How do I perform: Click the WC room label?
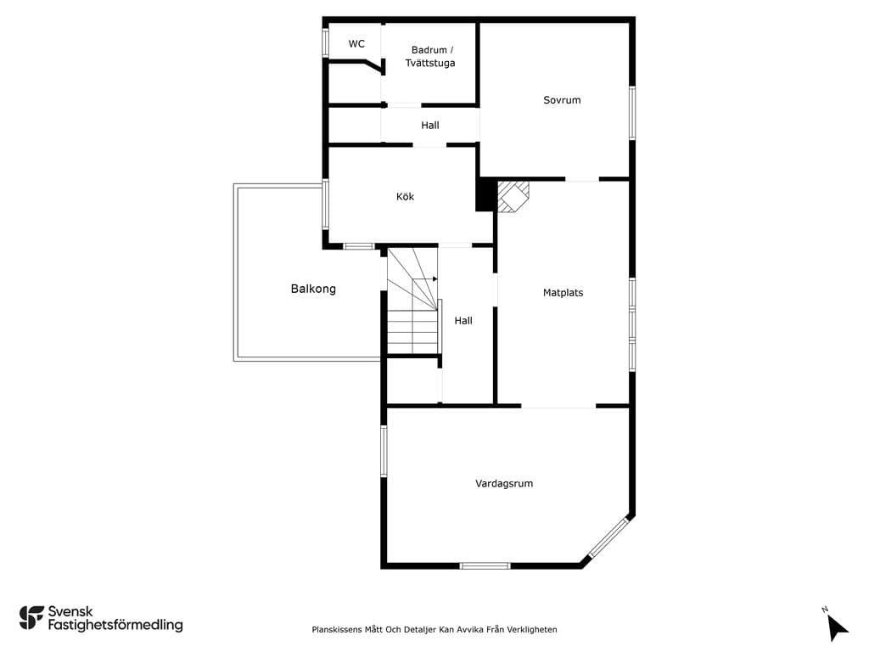[356, 44]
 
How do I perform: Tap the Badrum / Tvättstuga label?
[430, 57]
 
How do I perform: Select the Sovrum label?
[562, 100]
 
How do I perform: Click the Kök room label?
[405, 196]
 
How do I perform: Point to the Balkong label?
[313, 289]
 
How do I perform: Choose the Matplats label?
[563, 293]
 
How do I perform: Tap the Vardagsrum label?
[504, 483]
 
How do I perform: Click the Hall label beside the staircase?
[463, 320]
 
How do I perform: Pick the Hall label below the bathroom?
[430, 126]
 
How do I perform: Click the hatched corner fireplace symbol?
[513, 196]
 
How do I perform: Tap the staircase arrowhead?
[435, 278]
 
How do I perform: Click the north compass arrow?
[837, 628]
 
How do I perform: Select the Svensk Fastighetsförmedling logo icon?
[31, 618]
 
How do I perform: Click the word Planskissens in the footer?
[336, 629]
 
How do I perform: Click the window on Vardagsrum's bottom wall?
[485, 565]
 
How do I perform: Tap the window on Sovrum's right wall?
[632, 113]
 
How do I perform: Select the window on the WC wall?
[326, 42]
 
